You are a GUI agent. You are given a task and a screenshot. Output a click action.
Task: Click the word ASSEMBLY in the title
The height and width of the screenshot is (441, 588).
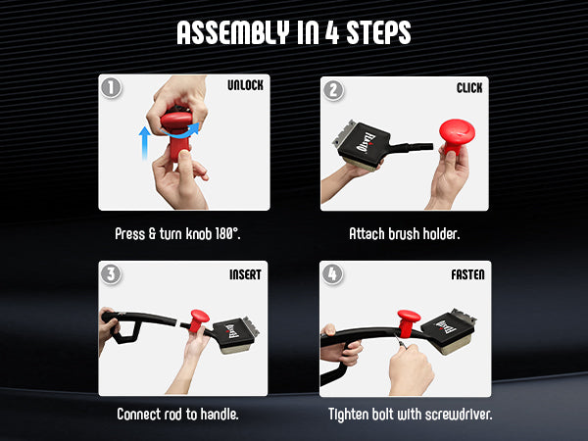click(233, 32)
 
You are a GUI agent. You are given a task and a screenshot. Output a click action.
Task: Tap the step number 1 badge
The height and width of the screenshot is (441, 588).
click(111, 88)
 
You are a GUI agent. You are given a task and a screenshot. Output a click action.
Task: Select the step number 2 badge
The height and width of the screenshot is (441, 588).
click(333, 90)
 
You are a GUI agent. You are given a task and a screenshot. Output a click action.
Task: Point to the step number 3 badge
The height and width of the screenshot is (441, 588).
click(111, 274)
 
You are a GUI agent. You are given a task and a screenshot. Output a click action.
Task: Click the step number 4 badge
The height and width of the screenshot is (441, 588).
click(332, 274)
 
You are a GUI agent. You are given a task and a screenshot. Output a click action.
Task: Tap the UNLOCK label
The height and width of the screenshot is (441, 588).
click(245, 85)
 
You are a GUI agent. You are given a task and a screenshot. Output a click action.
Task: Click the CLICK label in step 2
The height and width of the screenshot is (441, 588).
click(469, 88)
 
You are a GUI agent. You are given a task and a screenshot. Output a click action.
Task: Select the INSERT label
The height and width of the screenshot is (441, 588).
click(245, 274)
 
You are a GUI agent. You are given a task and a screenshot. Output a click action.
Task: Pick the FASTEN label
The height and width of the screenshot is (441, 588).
click(467, 274)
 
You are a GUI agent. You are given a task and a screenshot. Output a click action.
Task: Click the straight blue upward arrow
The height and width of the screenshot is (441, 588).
click(144, 143)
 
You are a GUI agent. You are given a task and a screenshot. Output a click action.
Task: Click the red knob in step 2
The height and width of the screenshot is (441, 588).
click(457, 135)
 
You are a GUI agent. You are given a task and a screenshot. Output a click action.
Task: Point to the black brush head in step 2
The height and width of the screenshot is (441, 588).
click(363, 143)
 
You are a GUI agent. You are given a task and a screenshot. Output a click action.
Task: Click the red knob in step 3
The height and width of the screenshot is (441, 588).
click(199, 320)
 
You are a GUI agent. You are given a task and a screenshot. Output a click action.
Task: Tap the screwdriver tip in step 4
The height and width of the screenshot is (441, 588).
click(395, 337)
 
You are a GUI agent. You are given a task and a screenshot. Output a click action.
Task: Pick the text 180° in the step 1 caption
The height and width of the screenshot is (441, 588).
click(227, 233)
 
